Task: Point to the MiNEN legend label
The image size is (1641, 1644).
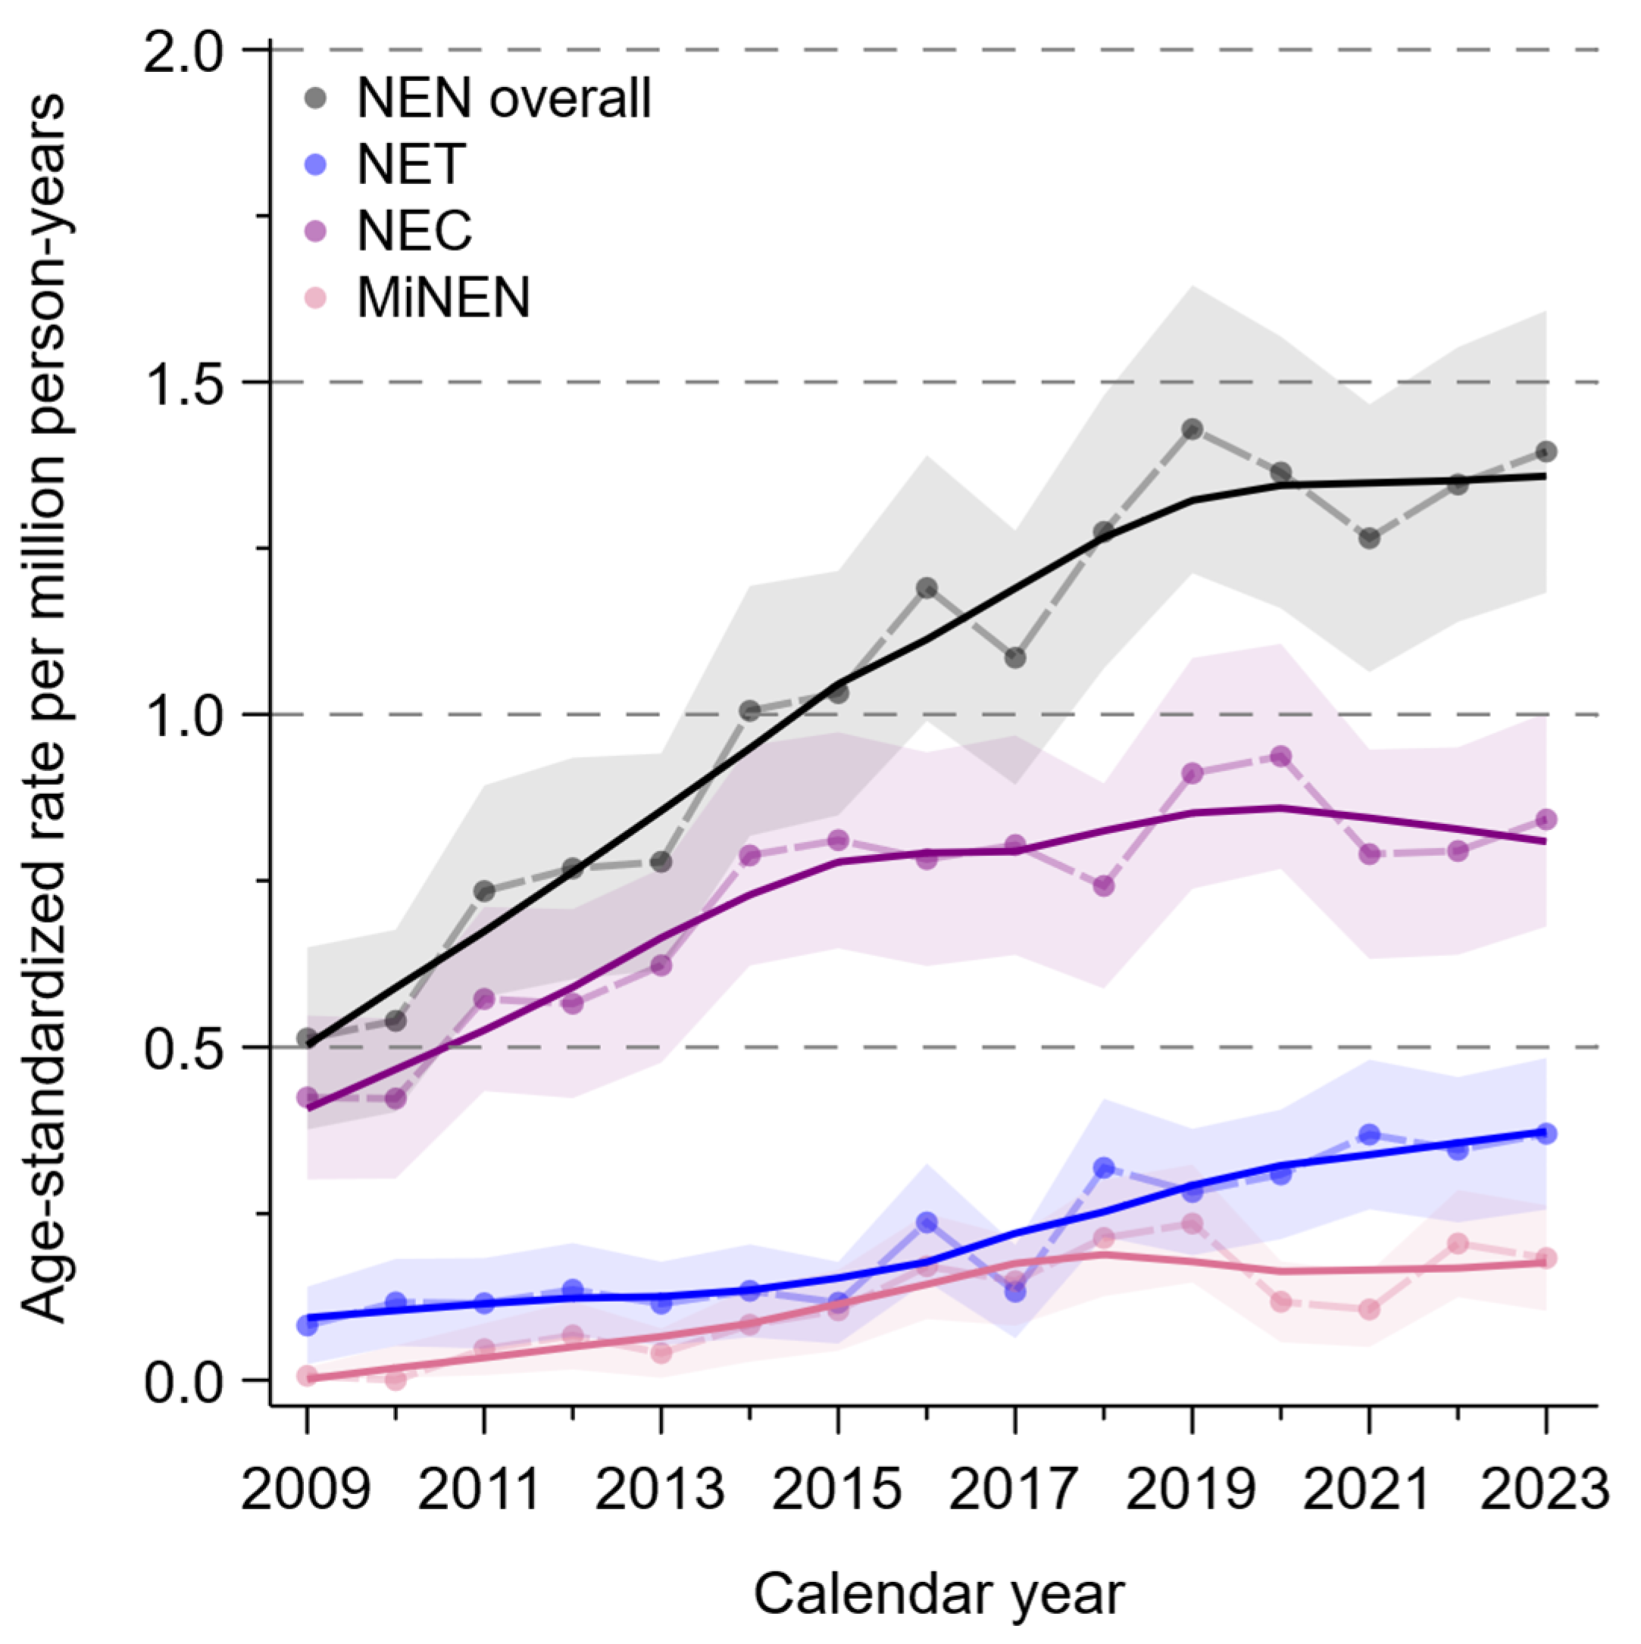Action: pyautogui.click(x=442, y=297)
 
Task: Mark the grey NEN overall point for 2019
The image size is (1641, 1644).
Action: pyautogui.click(x=1192, y=429)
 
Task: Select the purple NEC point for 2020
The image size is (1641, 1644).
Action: pyautogui.click(x=1281, y=756)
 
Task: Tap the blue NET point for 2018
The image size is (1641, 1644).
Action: pyautogui.click(x=1104, y=1168)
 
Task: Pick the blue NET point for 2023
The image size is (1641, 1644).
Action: pyautogui.click(x=1546, y=1134)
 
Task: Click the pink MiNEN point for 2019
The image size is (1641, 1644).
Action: pyautogui.click(x=1192, y=1224)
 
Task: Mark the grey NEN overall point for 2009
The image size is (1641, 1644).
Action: pyautogui.click(x=308, y=1038)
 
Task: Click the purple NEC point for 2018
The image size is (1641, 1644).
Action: pyautogui.click(x=1104, y=886)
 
